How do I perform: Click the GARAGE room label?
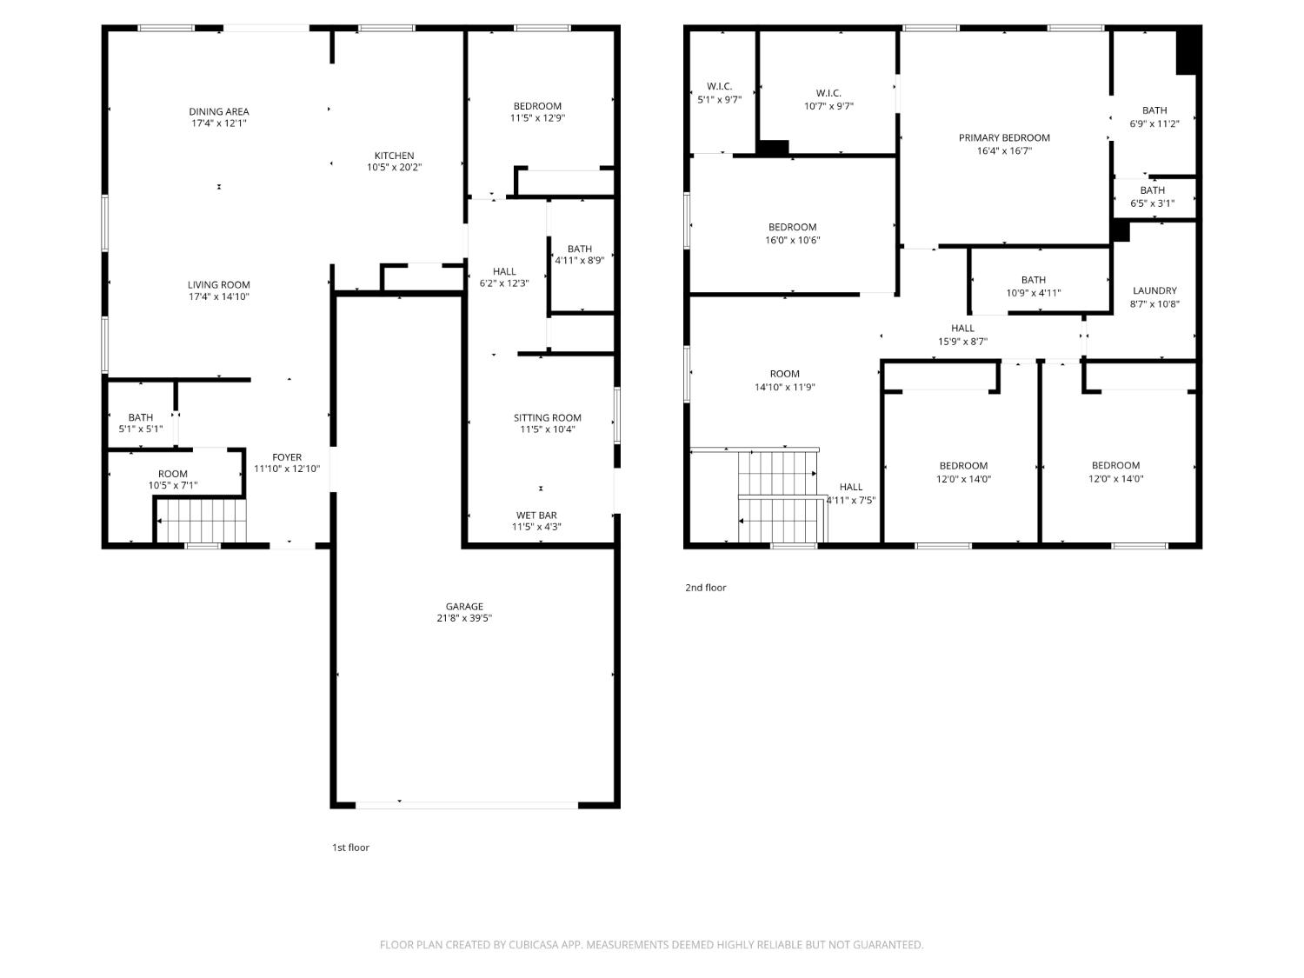(464, 606)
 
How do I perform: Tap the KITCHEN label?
(394, 156)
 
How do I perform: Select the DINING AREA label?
(218, 111)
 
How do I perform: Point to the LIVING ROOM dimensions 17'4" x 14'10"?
(218, 296)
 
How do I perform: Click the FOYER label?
(287, 457)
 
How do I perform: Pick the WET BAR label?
(536, 516)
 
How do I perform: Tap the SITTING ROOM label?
(547, 418)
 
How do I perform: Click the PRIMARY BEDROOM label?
(1004, 137)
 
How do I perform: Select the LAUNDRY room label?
(1154, 291)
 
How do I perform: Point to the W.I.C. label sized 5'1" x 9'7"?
(719, 87)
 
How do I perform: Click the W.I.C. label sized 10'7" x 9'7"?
(828, 93)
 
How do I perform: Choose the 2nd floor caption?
(705, 588)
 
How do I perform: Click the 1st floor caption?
(350, 848)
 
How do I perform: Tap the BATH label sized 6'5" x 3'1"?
(1152, 190)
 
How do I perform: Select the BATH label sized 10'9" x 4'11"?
(1033, 280)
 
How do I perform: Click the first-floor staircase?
(202, 521)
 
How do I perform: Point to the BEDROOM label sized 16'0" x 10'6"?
(792, 228)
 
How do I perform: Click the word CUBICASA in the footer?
(534, 945)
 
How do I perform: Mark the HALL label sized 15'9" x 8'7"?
(962, 329)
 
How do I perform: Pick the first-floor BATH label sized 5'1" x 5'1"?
(140, 417)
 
